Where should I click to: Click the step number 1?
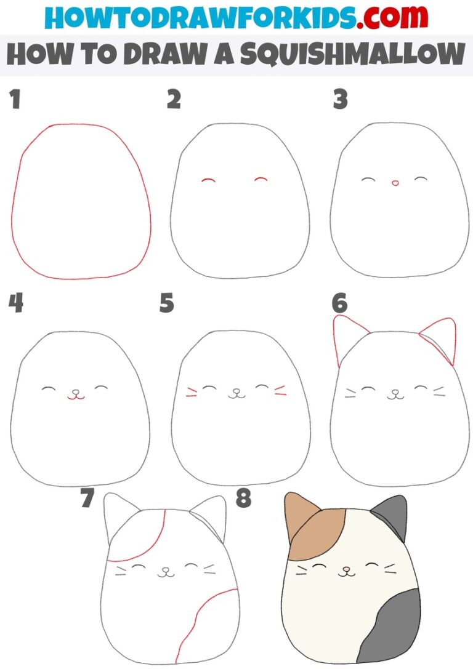15,100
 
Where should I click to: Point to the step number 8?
243,499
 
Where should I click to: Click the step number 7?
87,499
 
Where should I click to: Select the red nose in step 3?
395,183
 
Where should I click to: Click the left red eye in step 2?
208,180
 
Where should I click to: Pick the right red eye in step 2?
261,180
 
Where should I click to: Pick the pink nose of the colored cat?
347,569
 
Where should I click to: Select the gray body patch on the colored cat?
391,628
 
